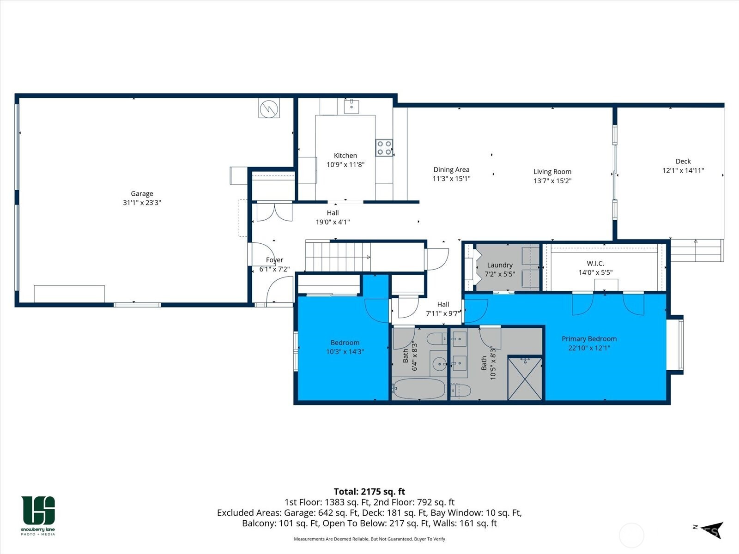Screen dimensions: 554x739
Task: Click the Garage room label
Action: [141, 194]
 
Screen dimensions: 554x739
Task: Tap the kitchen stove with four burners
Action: [384, 148]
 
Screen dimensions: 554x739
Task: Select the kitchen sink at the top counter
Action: [351, 106]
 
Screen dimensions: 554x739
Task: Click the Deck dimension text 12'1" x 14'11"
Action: [683, 170]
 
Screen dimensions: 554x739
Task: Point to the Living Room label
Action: [552, 172]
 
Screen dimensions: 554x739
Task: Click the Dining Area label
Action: [451, 170]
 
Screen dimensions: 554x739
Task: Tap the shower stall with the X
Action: [525, 379]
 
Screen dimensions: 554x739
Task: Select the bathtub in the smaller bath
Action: [418, 389]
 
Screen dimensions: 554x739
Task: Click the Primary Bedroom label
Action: [589, 339]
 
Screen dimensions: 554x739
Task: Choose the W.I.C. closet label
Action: [595, 263]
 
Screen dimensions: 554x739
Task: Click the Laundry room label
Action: [500, 265]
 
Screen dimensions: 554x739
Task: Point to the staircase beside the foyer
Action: [338, 257]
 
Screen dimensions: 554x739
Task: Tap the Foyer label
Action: [274, 260]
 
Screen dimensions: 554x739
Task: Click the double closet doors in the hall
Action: [274, 212]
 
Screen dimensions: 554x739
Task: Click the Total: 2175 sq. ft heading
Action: [369, 492]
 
